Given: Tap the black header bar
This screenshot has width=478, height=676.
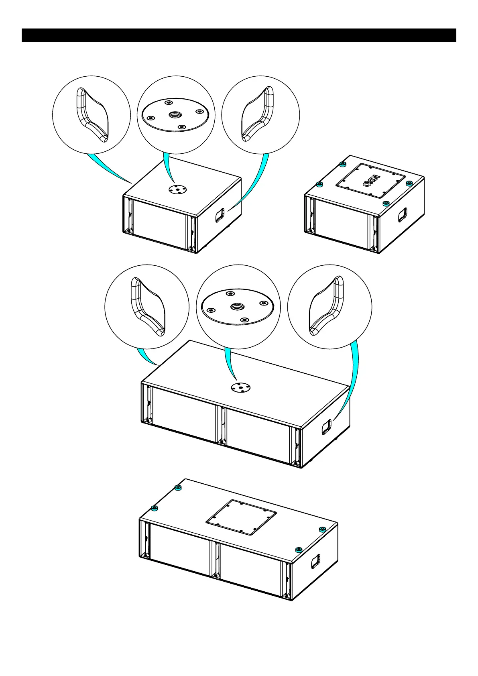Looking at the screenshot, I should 239,35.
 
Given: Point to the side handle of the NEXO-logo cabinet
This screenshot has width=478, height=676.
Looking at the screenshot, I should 402,215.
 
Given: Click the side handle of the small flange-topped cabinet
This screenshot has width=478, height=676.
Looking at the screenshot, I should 220,215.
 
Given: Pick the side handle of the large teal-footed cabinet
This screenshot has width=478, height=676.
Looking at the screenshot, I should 316,561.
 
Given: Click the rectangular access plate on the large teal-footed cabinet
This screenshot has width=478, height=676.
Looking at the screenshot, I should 241,517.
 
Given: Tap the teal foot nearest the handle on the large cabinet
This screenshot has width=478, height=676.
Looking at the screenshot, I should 298,549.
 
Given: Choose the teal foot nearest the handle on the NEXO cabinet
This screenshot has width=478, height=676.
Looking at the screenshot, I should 386,204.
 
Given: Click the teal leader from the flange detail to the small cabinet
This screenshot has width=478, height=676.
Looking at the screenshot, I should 170,169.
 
